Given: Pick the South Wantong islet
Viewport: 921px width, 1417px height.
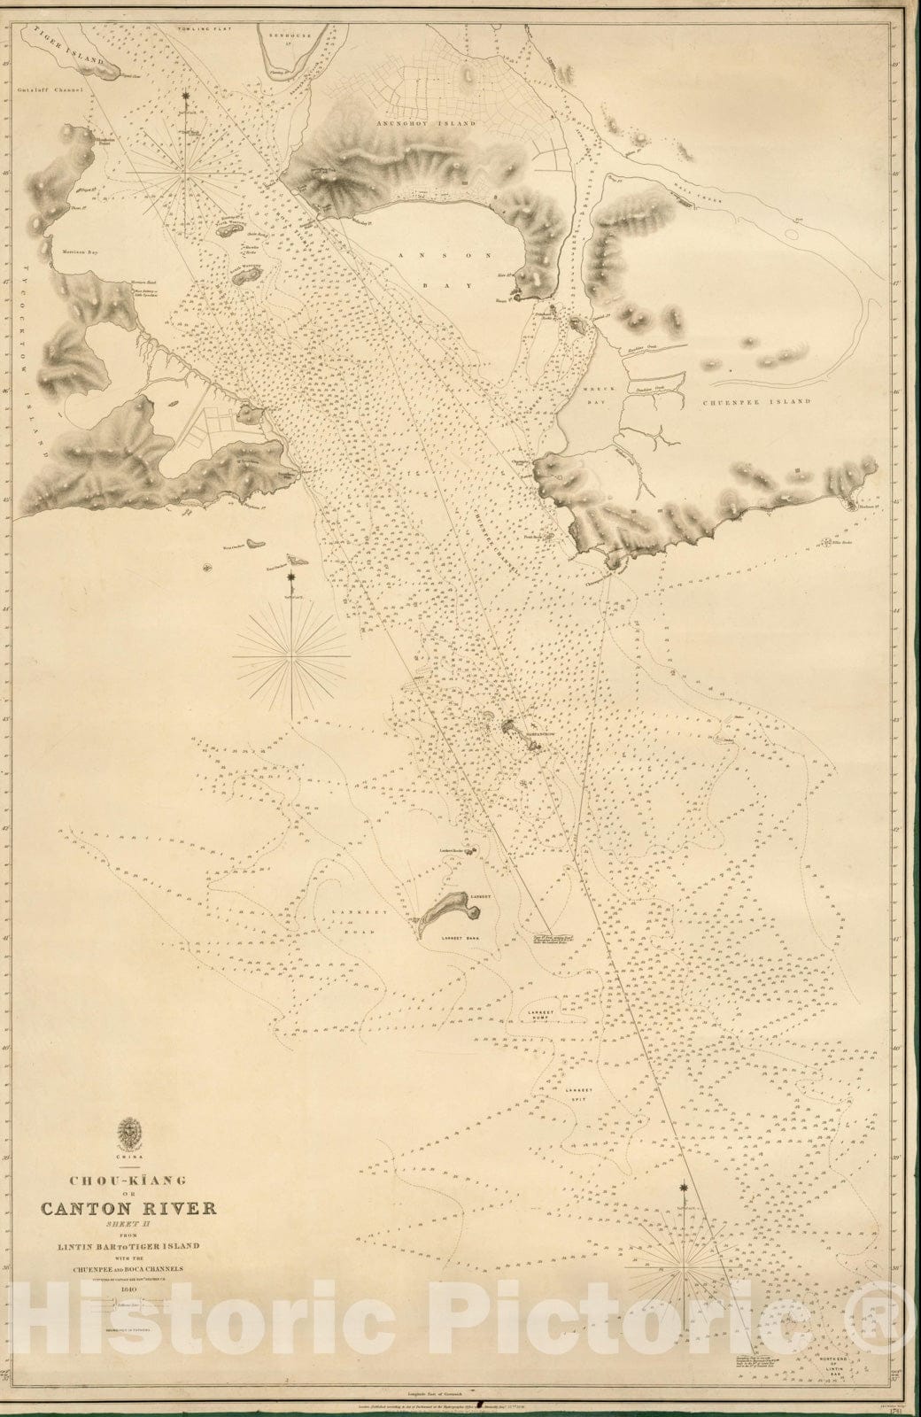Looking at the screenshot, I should [x=242, y=275].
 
